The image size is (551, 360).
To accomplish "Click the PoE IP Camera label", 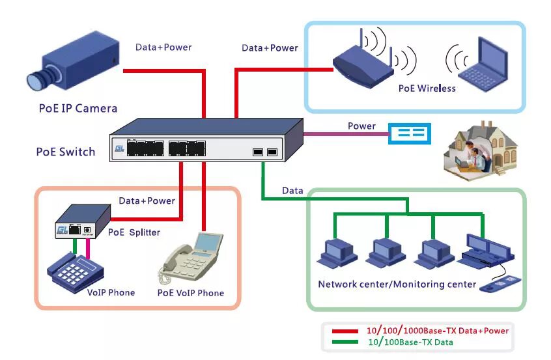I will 78,108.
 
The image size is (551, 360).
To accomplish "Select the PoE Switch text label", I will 66,152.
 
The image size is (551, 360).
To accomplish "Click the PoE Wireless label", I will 427,88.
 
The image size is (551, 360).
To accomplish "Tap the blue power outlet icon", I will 410,133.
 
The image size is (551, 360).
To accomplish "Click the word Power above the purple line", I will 361,126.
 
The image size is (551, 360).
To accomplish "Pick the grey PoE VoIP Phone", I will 191,260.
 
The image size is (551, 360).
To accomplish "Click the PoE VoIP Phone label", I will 190,293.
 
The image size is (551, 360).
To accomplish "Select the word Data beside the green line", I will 292,191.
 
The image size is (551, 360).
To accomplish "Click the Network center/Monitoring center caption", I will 397,284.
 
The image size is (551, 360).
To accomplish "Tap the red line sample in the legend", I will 345,331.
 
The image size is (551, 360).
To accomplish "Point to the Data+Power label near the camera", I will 163,47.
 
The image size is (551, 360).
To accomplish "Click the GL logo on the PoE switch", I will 119,149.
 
